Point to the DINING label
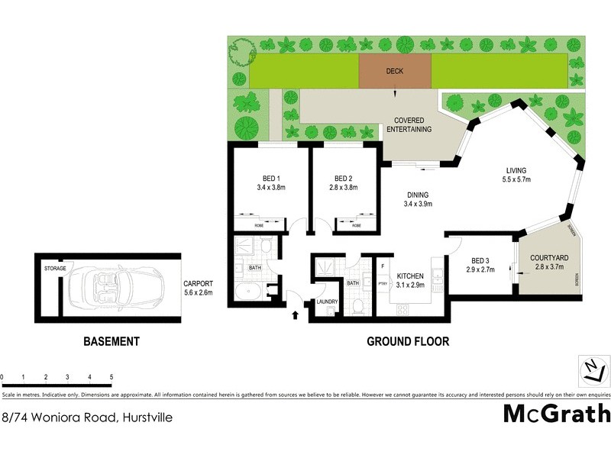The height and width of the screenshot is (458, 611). [x=417, y=194]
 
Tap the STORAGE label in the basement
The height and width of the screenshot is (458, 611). [x=55, y=269]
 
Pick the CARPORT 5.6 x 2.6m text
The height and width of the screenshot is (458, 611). [x=197, y=287]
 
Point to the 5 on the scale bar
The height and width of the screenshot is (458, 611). [x=112, y=377]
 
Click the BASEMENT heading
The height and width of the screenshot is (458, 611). [x=111, y=341]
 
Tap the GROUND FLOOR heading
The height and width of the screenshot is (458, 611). [x=408, y=341]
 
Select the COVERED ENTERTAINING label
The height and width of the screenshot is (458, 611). [x=413, y=124]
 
